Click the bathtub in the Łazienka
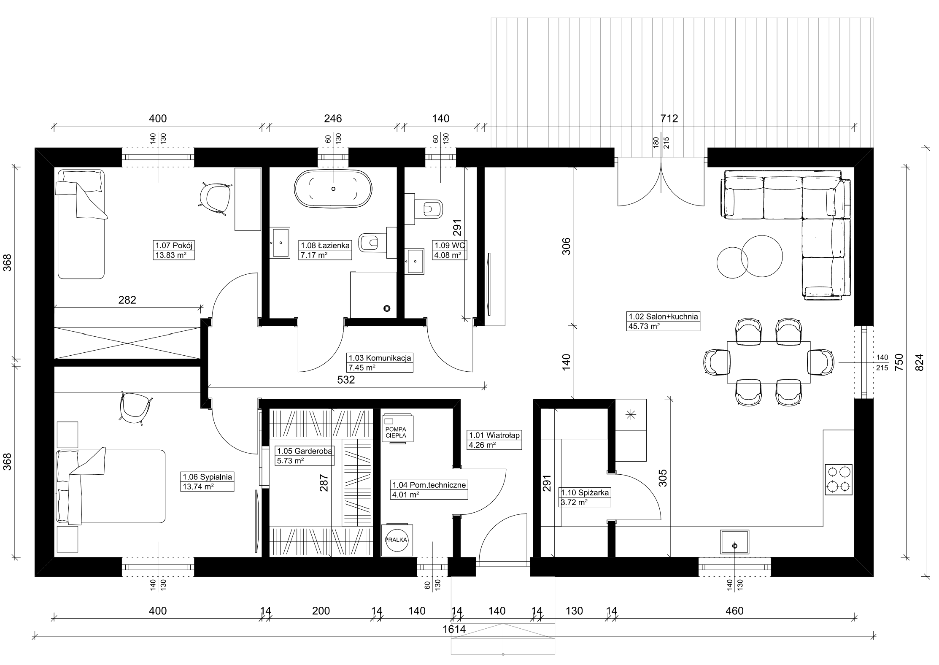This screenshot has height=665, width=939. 333,189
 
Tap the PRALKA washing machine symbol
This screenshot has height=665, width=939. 397,540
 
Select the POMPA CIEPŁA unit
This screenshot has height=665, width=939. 397,429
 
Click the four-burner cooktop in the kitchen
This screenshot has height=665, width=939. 839,479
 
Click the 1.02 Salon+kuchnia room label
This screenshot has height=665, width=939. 663,316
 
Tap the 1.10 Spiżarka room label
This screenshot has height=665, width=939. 584,492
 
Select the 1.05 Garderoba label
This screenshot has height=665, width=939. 304,451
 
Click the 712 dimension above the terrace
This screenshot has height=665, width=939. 669,119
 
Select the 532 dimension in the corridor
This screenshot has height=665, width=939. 346,380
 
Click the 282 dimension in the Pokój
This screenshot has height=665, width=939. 127,300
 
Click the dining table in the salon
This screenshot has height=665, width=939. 769,362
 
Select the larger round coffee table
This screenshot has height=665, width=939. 762,256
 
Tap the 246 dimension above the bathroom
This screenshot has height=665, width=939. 333,119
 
